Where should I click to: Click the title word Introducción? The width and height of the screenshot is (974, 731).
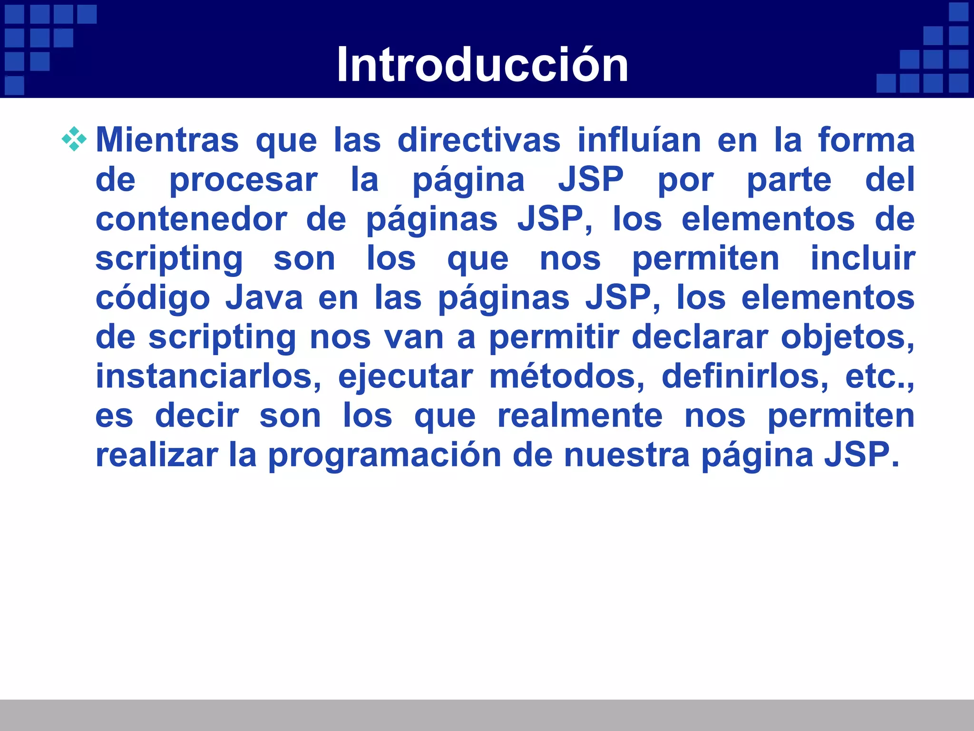tap(482, 65)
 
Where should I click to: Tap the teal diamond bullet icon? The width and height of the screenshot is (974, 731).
tap(74, 139)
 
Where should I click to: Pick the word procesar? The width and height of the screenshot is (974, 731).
tap(243, 180)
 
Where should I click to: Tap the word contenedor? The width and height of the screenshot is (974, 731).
tap(192, 219)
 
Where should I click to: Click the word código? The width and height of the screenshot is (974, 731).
tap(153, 298)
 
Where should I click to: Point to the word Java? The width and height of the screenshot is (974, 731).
tap(264, 298)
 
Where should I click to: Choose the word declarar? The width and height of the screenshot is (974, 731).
tap(700, 337)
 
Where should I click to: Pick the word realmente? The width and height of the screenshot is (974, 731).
tap(580, 416)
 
